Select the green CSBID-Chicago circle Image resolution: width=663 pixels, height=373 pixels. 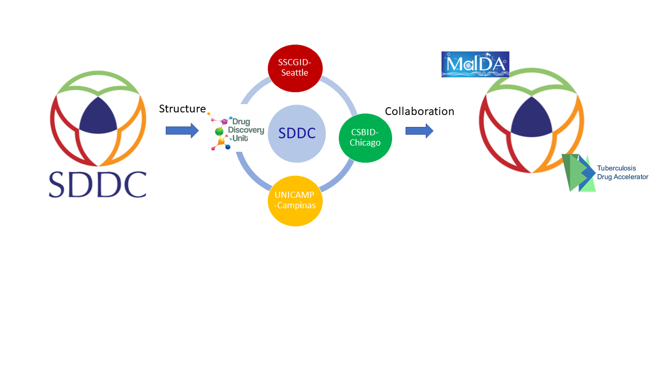coord(365,137)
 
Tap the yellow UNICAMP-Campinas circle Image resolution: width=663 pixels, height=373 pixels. coord(295,200)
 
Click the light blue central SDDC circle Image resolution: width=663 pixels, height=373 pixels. coord(297,134)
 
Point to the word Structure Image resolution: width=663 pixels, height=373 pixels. coord(182,109)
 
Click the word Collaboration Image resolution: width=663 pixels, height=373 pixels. coord(420,111)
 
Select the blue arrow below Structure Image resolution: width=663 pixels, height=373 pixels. coord(182,131)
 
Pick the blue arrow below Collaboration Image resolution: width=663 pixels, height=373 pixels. coord(419,131)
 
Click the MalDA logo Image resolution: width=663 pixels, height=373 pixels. coord(475,65)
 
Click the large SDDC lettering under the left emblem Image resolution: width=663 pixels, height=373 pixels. coord(98,184)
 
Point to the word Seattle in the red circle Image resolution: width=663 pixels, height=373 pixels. coord(295,73)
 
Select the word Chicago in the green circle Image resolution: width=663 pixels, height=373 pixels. coord(365,142)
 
